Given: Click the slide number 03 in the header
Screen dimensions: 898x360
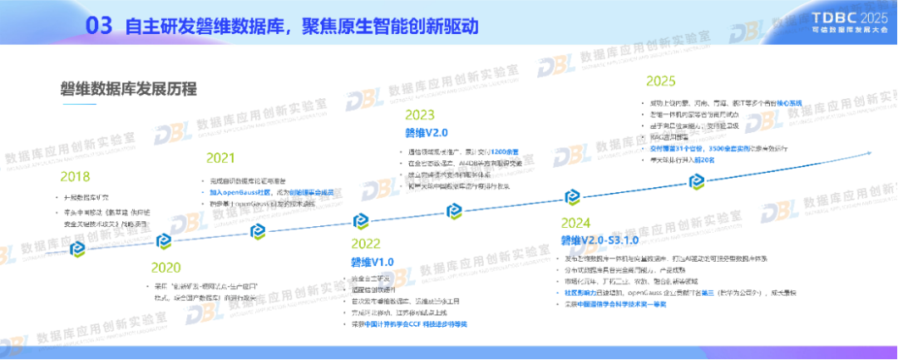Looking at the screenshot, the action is (99, 26).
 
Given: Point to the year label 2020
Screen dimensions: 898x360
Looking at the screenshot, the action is (166, 267).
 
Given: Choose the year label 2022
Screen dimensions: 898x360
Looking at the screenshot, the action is (365, 244).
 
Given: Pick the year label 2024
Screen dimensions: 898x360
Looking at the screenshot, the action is (575, 223).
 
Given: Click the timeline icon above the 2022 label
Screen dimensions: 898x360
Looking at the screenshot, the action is (360, 221).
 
